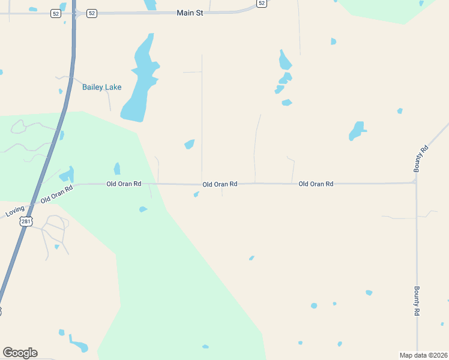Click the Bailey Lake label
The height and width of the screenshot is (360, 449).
click(x=101, y=87)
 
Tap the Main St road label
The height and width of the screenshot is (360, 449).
click(x=190, y=13)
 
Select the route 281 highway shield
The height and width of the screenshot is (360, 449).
click(x=25, y=221)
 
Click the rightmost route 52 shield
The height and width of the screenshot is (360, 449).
click(x=261, y=3)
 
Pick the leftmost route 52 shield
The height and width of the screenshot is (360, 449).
click(x=56, y=13)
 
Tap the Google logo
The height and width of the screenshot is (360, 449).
click(x=20, y=352)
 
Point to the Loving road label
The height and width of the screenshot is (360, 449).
click(x=15, y=211)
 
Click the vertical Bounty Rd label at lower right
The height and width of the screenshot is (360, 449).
click(x=417, y=301)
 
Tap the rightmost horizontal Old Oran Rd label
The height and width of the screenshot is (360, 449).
click(x=316, y=184)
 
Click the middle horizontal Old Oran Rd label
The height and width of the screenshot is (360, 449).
click(x=220, y=184)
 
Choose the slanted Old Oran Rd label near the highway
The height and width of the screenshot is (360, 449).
click(x=57, y=194)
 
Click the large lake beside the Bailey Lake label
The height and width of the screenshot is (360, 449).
click(x=140, y=84)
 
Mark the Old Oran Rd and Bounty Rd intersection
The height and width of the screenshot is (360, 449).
click(x=416, y=183)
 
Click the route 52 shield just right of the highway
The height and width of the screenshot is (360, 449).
click(x=91, y=13)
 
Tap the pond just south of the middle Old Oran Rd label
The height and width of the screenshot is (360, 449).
click(x=196, y=194)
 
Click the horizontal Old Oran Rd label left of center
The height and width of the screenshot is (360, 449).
click(x=124, y=184)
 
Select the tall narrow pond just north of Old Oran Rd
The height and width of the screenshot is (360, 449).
click(x=117, y=169)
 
